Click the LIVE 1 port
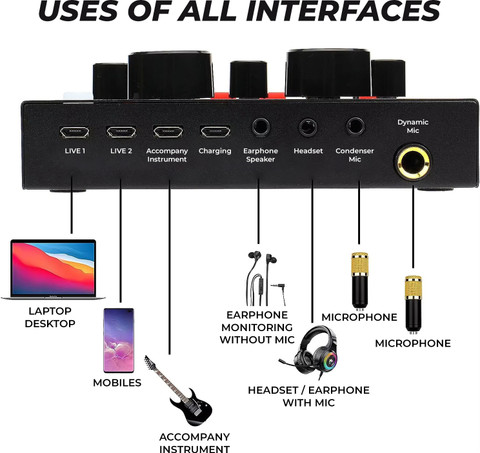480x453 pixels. (x=74, y=132)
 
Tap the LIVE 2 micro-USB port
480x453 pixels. (x=121, y=132)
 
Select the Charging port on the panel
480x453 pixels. (x=215, y=131)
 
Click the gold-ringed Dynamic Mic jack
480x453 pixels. (x=413, y=163)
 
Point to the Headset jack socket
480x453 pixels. (x=307, y=128)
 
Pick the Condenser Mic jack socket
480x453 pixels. (x=355, y=127)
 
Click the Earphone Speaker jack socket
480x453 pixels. (x=261, y=127)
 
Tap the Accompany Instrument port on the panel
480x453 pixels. (x=168, y=131)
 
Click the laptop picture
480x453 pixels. (x=53, y=269)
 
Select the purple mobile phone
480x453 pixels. (x=119, y=340)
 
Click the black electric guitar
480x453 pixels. (x=178, y=390)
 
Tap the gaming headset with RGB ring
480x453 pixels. (x=310, y=352)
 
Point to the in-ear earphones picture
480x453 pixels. (x=265, y=278)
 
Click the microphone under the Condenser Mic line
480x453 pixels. (x=360, y=281)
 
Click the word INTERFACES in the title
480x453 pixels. (x=344, y=11)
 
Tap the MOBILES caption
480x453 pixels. (x=117, y=383)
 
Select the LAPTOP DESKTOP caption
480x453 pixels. (x=50, y=317)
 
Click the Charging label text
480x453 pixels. (x=215, y=151)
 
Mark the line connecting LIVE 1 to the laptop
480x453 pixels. (x=71, y=205)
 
